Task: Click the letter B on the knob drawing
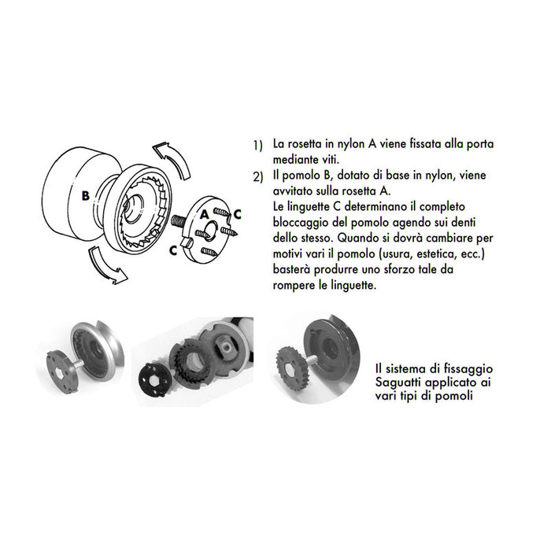[86, 194]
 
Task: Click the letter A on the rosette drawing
[203, 213]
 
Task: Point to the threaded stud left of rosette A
[177, 221]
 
